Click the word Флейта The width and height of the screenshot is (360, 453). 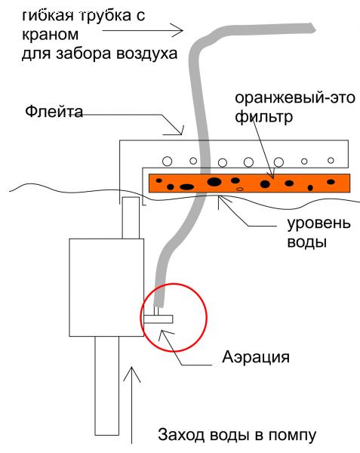[x=54, y=112]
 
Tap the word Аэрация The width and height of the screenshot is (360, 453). [x=256, y=357]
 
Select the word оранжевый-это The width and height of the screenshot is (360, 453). [x=295, y=98]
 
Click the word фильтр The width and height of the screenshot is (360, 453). [x=263, y=117]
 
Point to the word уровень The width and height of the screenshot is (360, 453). [x=318, y=223]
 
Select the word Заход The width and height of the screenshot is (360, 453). [x=180, y=435]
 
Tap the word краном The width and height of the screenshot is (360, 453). [x=50, y=35]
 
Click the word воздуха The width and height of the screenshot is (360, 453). [x=146, y=54]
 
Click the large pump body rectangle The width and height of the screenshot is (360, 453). [x=106, y=288]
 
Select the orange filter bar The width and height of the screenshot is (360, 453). [x=249, y=183]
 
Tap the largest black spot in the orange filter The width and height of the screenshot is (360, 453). [x=214, y=182]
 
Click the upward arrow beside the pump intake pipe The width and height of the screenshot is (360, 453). [x=132, y=405]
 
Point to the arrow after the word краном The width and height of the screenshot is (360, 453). [x=143, y=30]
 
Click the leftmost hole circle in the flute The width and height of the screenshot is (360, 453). [x=167, y=161]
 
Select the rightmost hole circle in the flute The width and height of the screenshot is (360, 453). [x=331, y=160]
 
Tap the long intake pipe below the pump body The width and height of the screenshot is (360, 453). [x=107, y=386]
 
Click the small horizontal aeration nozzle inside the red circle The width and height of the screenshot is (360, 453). [x=158, y=319]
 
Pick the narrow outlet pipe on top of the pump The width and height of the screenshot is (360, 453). [x=131, y=218]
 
